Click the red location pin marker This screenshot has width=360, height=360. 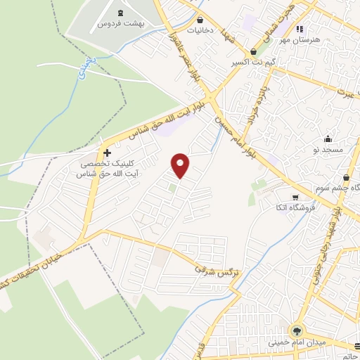point(181,165)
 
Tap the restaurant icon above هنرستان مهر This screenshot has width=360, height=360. point(300,30)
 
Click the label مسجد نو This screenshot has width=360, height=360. point(328,149)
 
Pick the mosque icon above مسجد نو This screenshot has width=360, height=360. point(328,139)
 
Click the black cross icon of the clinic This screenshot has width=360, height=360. point(107,153)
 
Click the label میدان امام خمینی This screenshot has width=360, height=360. point(297,342)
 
